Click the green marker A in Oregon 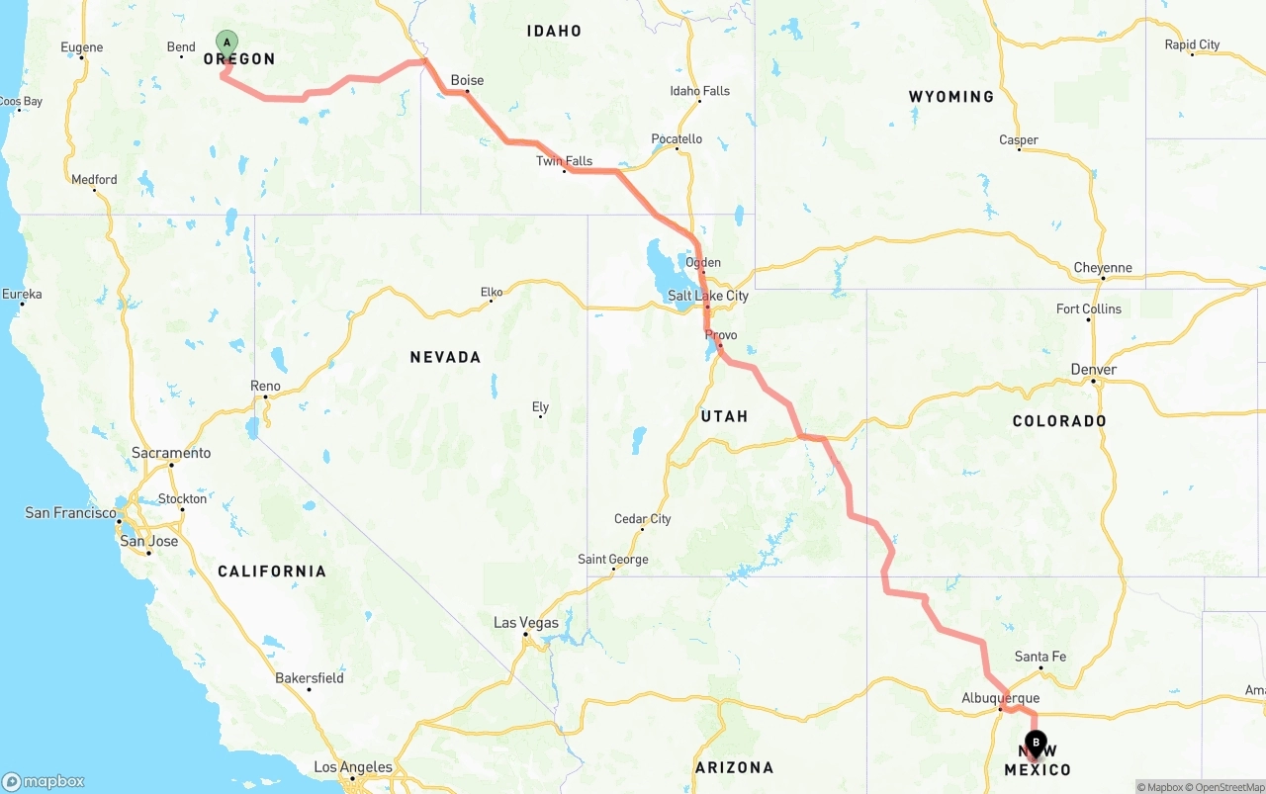click(x=226, y=43)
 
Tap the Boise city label click(x=467, y=80)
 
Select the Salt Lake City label click(x=708, y=296)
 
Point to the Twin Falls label click(x=564, y=161)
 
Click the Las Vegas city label click(x=525, y=623)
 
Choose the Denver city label click(x=1093, y=370)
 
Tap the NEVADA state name click(x=445, y=357)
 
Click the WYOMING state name click(x=951, y=97)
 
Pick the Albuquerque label click(x=1000, y=698)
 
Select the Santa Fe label click(x=1040, y=657)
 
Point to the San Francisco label click(x=71, y=513)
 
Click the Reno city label click(x=265, y=386)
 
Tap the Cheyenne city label click(x=1102, y=268)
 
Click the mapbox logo click(x=43, y=781)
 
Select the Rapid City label click(x=1192, y=44)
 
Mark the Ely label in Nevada click(x=540, y=406)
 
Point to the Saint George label click(x=612, y=560)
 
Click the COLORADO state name click(x=1059, y=421)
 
